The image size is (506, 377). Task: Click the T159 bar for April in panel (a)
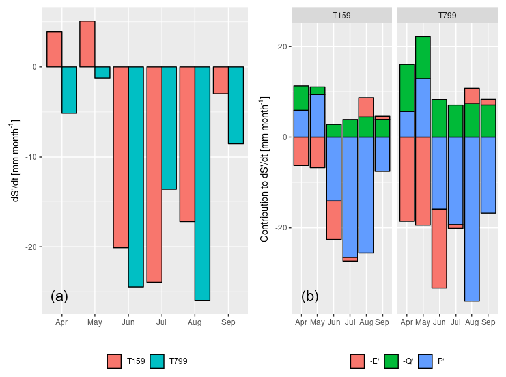coord(54,49)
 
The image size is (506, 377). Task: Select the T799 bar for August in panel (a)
coord(203,183)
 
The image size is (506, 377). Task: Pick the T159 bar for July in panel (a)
coord(154,174)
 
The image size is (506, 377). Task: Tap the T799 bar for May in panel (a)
coord(102,72)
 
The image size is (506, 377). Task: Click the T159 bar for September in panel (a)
coord(221,80)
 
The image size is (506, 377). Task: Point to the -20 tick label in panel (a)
coord(30,247)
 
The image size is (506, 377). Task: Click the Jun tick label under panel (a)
coord(128,322)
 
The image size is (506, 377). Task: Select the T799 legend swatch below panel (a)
coord(158,361)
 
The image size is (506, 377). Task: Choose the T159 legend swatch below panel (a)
coord(115,361)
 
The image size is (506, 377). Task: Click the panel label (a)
coord(59,296)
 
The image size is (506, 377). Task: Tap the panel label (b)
coord(310,296)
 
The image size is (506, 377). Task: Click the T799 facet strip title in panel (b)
coord(447,15)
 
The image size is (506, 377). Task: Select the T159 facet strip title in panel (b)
coord(342,15)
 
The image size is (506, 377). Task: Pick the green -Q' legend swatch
coord(392,361)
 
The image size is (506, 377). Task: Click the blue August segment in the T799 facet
coord(471,219)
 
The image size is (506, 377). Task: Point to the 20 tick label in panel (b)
coord(281,47)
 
